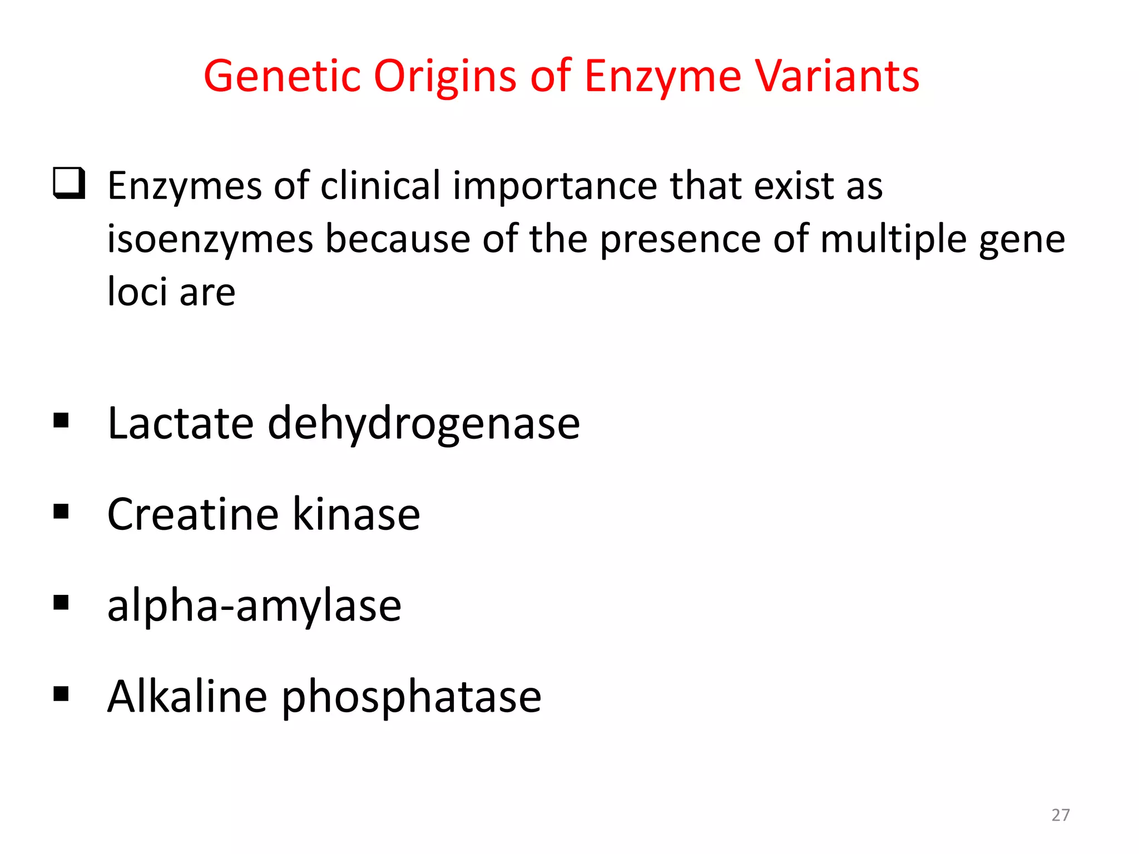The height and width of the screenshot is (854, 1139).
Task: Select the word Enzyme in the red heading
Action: pos(662,76)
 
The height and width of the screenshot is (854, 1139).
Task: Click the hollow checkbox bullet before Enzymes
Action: pos(69,183)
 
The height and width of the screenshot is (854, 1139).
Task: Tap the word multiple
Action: pos(893,239)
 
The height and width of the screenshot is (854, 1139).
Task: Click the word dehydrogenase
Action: pos(424,424)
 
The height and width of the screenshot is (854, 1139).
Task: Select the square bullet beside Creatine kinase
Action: pos(61,512)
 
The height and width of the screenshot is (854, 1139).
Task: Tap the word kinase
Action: pos(356,514)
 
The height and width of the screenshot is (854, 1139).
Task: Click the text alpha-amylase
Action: pos(254,606)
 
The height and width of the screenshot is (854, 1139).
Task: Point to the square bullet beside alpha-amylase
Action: pos(61,603)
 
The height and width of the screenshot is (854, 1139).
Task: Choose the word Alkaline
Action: pos(187,696)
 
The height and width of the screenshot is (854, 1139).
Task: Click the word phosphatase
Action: pos(412,697)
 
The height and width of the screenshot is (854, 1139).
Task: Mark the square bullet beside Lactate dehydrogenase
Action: pos(61,420)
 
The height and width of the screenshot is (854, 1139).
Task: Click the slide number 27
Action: pos(1060,815)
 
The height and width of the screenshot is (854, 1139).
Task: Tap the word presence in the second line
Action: pos(680,239)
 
